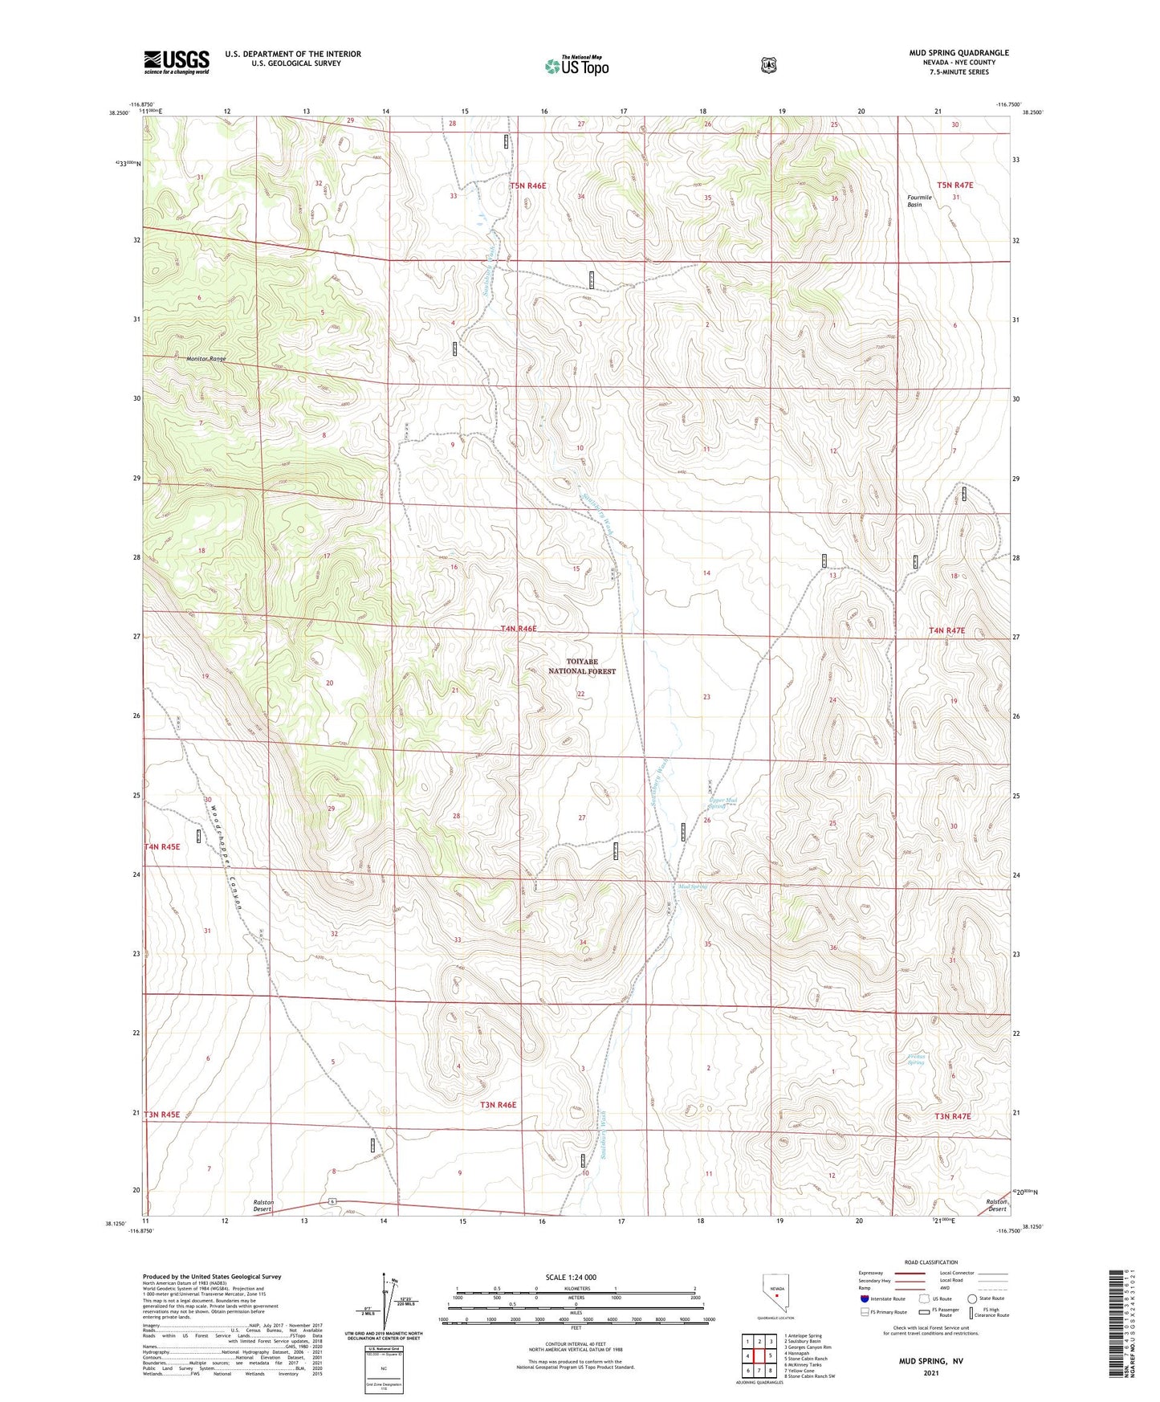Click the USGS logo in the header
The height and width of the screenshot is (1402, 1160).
pos(177,62)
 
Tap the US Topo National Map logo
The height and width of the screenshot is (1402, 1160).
pos(576,66)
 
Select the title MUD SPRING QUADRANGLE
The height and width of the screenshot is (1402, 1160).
pos(959,53)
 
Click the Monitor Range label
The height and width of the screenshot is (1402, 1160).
pos(206,359)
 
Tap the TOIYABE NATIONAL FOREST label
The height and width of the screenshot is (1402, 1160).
pos(582,666)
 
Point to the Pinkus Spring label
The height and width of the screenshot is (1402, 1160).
pos(915,1059)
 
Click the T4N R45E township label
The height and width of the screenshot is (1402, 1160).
pos(162,846)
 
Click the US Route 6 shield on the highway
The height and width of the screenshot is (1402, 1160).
pos(331,1201)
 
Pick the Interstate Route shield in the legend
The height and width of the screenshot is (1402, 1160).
pos(864,1298)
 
